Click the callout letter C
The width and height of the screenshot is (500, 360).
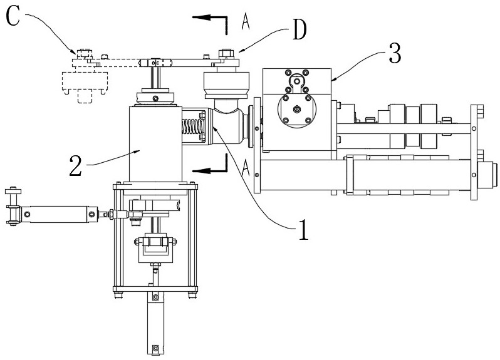coord(13,16)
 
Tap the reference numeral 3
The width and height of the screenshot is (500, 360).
coord(395,53)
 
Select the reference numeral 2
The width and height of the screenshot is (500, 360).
coord(76,167)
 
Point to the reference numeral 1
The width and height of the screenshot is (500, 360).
coord(303,230)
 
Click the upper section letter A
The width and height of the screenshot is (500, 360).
coord(245,21)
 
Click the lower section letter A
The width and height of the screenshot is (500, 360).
coord(245,168)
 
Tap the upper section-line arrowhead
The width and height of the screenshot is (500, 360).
coord(201,17)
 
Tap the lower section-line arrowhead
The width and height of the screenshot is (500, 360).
coord(201,171)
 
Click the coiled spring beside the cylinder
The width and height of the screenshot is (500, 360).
coord(193,126)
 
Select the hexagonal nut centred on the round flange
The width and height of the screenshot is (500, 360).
coord(296,110)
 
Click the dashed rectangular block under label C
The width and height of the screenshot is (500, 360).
coord(85,81)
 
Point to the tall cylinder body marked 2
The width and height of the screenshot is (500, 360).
coord(155,144)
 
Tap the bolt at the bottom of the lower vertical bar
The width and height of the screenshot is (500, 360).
coord(155,347)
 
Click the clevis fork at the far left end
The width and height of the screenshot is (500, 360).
coord(13,207)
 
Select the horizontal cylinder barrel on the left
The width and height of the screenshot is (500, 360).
coord(60,213)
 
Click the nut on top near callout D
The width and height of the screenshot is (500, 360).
coord(224,53)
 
